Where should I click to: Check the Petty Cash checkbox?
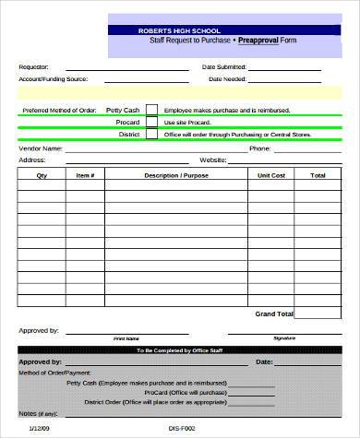[x=151, y=109]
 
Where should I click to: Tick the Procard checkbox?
[x=151, y=122]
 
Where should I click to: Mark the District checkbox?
[x=151, y=134]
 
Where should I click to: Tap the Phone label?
[x=259, y=148]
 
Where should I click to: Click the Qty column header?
[x=41, y=174]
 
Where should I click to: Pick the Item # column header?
[x=85, y=174]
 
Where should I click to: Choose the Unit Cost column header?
[x=270, y=174]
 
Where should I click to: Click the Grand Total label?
[x=273, y=314]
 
